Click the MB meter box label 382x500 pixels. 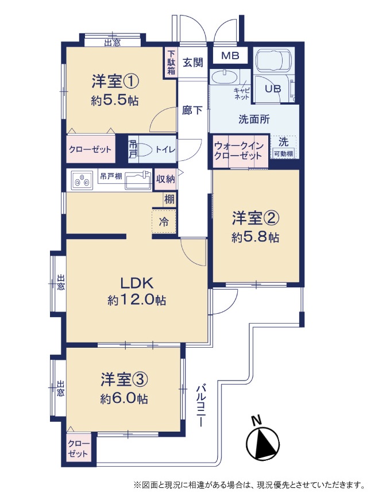[x=230, y=56]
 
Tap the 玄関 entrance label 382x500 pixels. [x=193, y=62]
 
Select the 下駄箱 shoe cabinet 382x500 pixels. [x=171, y=62]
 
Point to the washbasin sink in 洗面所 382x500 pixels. [x=224, y=78]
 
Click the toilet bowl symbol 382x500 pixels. [x=142, y=149]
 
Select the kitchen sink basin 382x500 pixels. [x=138, y=181]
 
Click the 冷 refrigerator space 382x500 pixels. [x=164, y=221]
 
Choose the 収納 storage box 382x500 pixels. [x=165, y=179]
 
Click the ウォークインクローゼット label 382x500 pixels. [x=238, y=151]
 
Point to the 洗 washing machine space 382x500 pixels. [x=283, y=147]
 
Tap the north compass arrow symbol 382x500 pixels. [x=263, y=442]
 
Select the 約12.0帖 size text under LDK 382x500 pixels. [x=137, y=300]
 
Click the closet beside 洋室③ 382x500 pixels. [x=78, y=448]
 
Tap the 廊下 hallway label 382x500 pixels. [x=192, y=110]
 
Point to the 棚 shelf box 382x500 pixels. [x=169, y=199]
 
